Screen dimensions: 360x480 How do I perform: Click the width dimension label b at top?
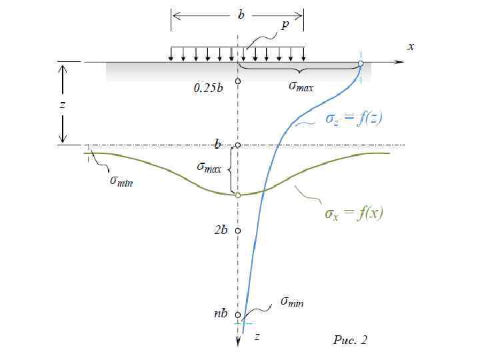coord(241,14)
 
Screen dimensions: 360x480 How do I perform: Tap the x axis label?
coord(411,46)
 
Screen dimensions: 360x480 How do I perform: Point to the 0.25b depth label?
coord(208,87)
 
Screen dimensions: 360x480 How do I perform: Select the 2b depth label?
coord(221,230)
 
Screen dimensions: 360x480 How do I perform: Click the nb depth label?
coord(221,313)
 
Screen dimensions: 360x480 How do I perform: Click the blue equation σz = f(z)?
coord(353,119)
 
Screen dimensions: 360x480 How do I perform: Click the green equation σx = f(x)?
coord(353,213)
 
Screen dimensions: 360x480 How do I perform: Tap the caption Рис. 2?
coord(349,341)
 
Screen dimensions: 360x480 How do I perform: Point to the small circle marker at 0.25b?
coord(238,81)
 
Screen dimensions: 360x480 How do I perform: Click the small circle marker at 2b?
coord(238,231)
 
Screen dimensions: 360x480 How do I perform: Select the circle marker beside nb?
coord(238,315)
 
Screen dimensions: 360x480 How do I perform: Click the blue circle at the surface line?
coord(361,64)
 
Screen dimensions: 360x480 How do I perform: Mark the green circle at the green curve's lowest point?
coord(238,195)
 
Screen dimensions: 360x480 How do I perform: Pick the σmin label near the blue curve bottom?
coord(292,302)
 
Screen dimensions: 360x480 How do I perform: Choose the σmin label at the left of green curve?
coord(121,182)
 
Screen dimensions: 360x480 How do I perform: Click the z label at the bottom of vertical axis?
coord(257,337)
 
